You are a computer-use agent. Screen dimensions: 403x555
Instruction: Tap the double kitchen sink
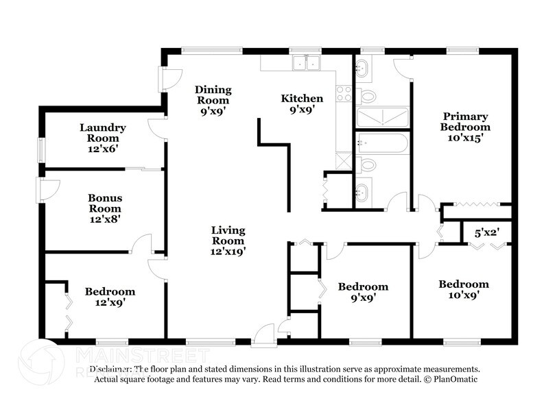pyautogui.click(x=305, y=64)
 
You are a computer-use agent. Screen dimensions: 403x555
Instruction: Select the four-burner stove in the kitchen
pyautogui.click(x=344, y=95)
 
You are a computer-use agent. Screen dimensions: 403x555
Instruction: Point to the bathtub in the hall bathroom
pyautogui.click(x=382, y=144)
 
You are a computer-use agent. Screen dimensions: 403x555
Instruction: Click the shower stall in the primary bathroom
pyautogui.click(x=382, y=117)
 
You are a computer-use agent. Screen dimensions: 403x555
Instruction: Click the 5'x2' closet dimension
pyautogui.click(x=486, y=233)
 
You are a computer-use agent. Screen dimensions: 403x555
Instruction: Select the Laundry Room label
pyautogui.click(x=102, y=133)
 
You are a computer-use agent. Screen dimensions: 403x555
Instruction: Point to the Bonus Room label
pyautogui.click(x=104, y=204)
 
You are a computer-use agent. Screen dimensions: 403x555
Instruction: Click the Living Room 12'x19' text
pyautogui.click(x=228, y=241)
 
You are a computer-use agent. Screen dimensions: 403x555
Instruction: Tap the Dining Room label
pyautogui.click(x=213, y=95)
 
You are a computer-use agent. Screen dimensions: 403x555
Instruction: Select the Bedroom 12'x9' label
pyautogui.click(x=110, y=297)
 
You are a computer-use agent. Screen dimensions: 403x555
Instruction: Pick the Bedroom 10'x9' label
pyautogui.click(x=464, y=289)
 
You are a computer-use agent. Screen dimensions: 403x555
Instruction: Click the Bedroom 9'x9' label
pyautogui.click(x=363, y=292)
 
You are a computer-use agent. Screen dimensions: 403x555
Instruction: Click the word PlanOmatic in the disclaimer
pyautogui.click(x=454, y=379)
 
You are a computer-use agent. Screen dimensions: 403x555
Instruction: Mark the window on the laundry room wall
pyautogui.click(x=41, y=150)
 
